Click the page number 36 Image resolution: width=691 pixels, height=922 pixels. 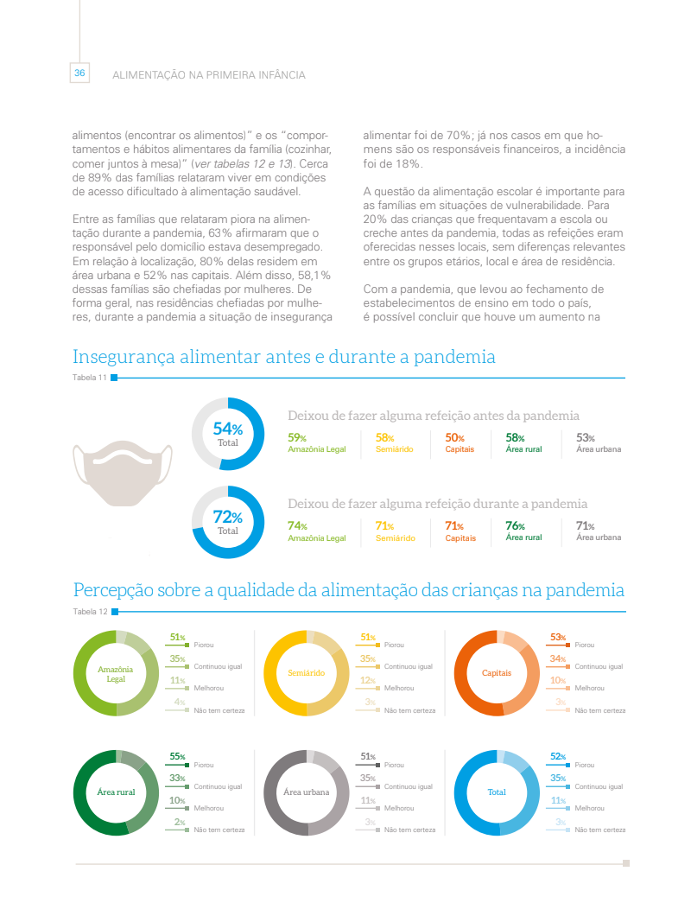[79, 73]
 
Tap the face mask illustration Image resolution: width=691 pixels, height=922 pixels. [122, 474]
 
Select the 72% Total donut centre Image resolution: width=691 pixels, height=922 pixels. [228, 522]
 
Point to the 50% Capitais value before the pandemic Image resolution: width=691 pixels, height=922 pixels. [454, 438]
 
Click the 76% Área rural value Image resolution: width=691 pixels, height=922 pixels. [515, 525]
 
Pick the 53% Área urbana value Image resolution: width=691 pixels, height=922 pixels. [586, 438]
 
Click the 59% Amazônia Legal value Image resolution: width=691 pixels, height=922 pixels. [297, 438]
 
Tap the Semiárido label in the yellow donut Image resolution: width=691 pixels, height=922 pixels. [306, 673]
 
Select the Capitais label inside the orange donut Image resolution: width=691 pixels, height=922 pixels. [497, 673]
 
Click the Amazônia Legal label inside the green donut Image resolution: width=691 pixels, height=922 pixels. [115, 673]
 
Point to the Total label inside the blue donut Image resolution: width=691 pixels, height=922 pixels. [497, 792]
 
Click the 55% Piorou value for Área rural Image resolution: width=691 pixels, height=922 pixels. [177, 757]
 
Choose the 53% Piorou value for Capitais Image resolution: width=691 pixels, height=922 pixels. [557, 638]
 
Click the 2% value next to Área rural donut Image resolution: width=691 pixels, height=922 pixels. [180, 822]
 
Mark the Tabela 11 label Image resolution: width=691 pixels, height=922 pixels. [90, 378]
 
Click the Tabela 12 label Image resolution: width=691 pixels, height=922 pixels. [90, 612]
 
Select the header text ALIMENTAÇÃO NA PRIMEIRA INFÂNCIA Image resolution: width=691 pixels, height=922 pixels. [208, 75]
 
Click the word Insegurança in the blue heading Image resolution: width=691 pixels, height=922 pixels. [123, 357]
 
